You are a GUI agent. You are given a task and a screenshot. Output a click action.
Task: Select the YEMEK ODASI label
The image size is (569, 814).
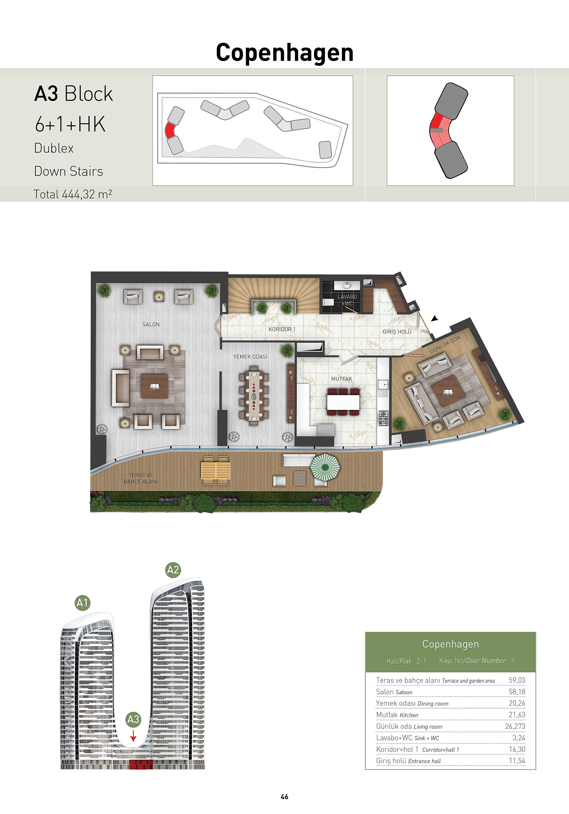tap(250, 357)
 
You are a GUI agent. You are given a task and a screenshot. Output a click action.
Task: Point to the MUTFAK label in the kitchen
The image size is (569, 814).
tap(342, 379)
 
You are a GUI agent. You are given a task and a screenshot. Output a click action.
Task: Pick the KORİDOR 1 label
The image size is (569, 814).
tap(282, 329)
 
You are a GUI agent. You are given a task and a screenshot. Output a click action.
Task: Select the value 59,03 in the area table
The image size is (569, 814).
tap(517, 680)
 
